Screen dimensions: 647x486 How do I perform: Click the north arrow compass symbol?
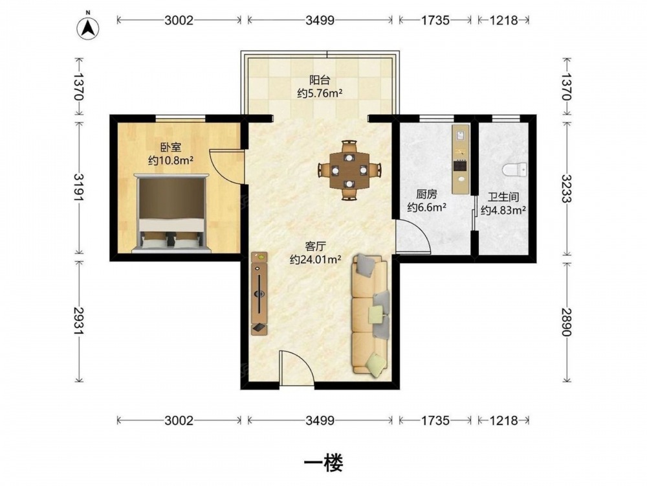point(88,27)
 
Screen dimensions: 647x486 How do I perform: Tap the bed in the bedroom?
point(171,213)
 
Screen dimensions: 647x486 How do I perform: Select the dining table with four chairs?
point(349,170)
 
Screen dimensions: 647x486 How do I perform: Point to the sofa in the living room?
point(370,316)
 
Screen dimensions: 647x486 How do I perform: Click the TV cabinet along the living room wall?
point(259,293)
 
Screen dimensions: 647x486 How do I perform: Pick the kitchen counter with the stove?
point(461,159)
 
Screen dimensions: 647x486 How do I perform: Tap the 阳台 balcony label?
point(320,80)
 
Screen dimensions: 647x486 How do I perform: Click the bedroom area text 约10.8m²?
point(171,160)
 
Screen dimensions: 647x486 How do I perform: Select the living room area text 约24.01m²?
point(315,260)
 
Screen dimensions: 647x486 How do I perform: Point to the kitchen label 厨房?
point(426,194)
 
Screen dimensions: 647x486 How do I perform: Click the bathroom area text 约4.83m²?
point(503,211)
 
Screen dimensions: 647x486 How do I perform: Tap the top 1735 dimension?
point(435,20)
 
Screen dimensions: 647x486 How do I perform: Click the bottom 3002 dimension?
point(179,421)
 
